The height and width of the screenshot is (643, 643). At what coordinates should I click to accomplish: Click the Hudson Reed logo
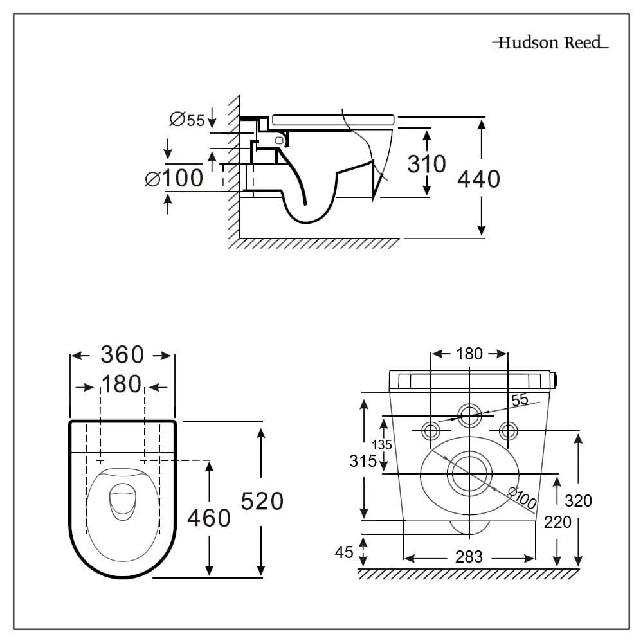point(550,43)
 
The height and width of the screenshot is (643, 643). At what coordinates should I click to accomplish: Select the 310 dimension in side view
point(426,164)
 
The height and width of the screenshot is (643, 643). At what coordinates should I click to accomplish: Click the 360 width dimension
point(122,354)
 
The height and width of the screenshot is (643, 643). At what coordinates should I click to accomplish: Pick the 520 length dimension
point(262,500)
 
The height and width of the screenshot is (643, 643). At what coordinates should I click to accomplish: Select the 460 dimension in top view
point(208,517)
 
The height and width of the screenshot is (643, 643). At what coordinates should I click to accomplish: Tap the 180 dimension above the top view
point(122,384)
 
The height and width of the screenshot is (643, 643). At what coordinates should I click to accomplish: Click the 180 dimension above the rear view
point(469,354)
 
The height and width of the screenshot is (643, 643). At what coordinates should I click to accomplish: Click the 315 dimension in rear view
point(363,460)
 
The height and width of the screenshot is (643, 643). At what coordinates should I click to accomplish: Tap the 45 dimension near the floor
point(345,552)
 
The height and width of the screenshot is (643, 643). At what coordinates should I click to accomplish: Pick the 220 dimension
point(557,522)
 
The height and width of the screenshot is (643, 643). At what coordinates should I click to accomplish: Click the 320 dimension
point(577,500)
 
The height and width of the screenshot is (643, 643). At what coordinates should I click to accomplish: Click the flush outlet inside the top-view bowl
point(120,502)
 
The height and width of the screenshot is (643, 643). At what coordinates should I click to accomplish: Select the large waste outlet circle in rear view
point(469,474)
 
